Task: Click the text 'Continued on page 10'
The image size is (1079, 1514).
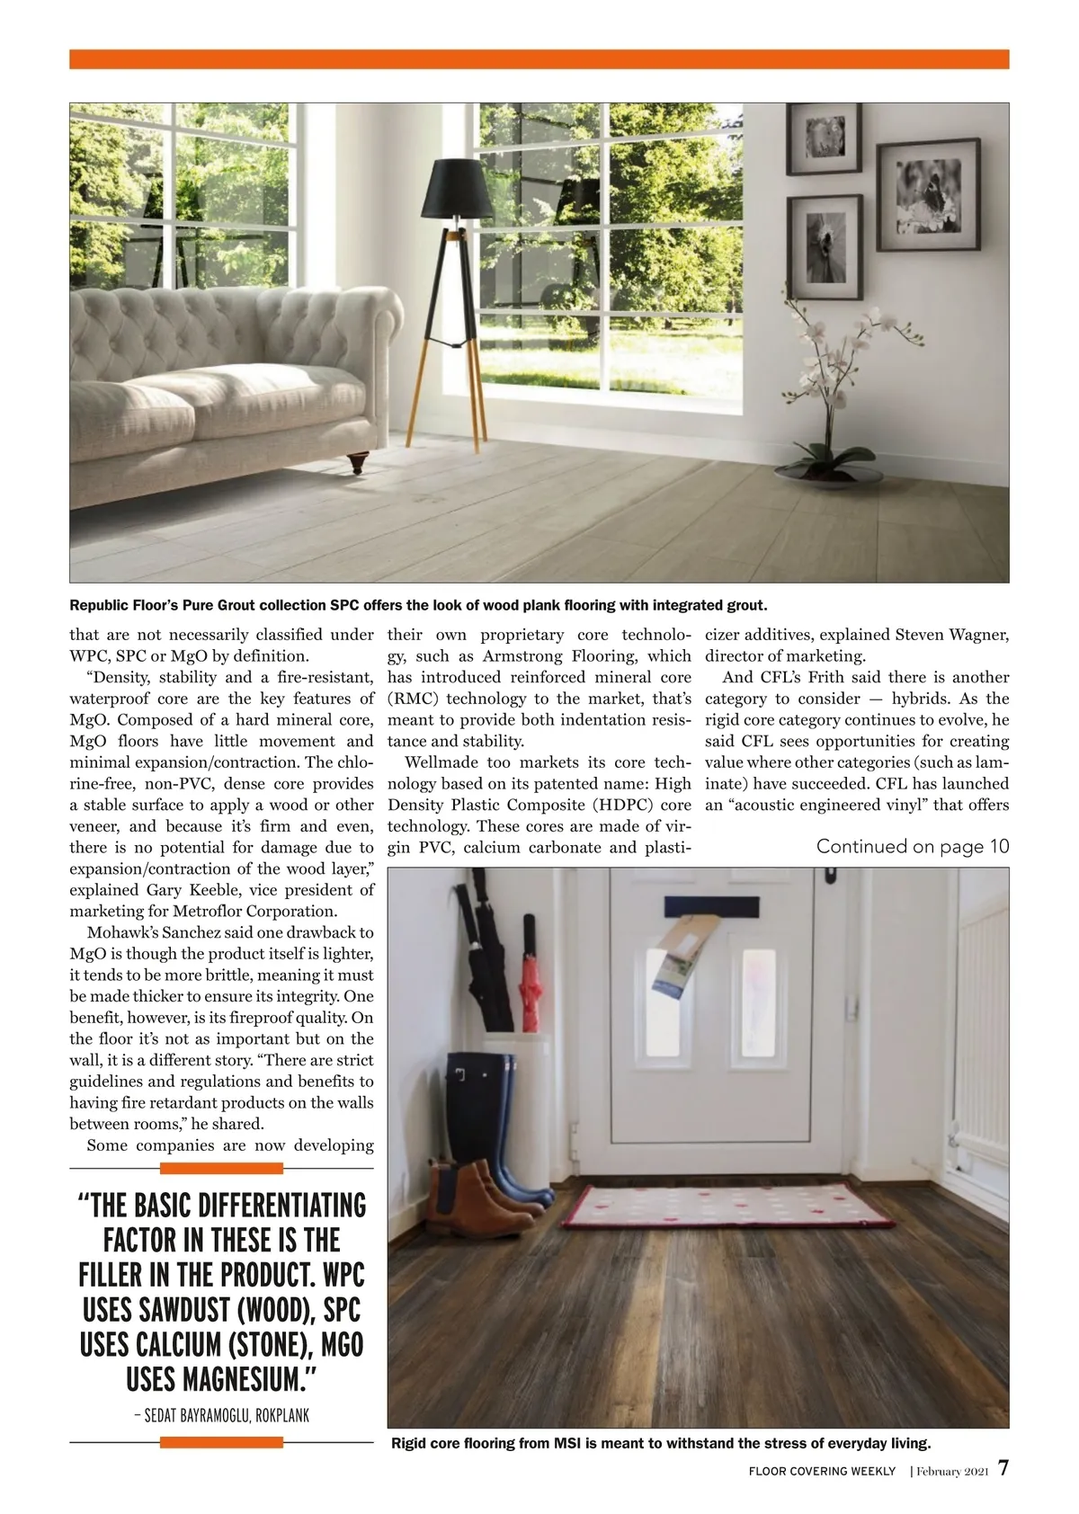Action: click(912, 847)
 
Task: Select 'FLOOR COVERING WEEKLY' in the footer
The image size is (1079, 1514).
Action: click(822, 1472)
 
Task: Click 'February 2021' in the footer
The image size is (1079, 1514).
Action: click(952, 1472)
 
